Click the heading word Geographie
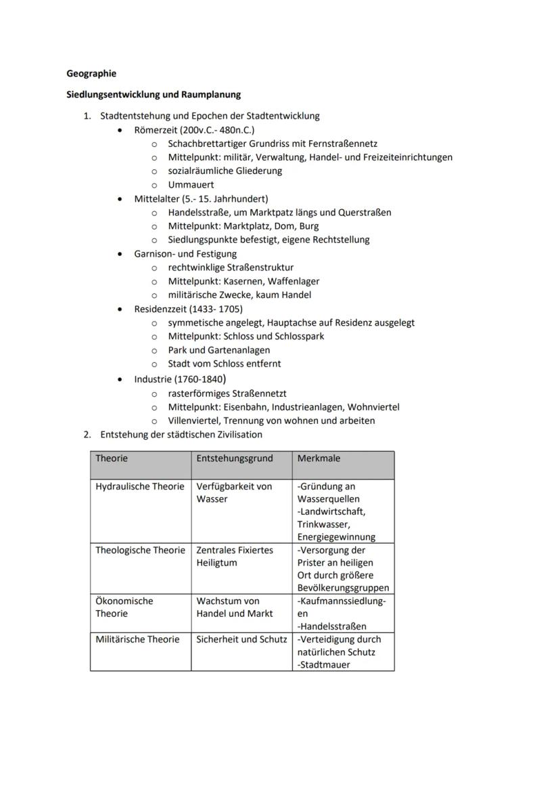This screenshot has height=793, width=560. point(91,73)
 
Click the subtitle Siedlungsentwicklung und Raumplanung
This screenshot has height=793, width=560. point(154,94)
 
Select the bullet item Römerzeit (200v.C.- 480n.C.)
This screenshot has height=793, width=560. point(194,129)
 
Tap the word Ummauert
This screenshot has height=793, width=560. point(191,184)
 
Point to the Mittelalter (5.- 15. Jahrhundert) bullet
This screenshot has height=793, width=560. point(201,198)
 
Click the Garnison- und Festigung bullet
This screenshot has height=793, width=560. point(185,253)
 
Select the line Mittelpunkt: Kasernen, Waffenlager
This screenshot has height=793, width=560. point(243,281)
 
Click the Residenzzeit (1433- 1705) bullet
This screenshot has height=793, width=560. point(188,309)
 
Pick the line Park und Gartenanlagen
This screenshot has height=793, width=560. point(218,350)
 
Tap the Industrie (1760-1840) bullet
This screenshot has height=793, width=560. point(179,379)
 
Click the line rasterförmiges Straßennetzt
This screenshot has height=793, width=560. point(227,393)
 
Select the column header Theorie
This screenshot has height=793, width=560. point(112,458)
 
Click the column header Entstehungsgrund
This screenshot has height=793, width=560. point(235,458)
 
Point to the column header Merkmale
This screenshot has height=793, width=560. point(319,458)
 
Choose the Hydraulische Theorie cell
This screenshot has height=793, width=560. point(139,486)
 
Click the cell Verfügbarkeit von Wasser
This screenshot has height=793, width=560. point(234,492)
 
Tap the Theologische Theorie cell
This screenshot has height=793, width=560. point(140,550)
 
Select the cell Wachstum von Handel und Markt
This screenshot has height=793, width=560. point(235,607)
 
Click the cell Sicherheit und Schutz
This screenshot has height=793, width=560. point(241,639)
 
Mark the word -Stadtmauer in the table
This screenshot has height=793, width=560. point(324,665)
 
